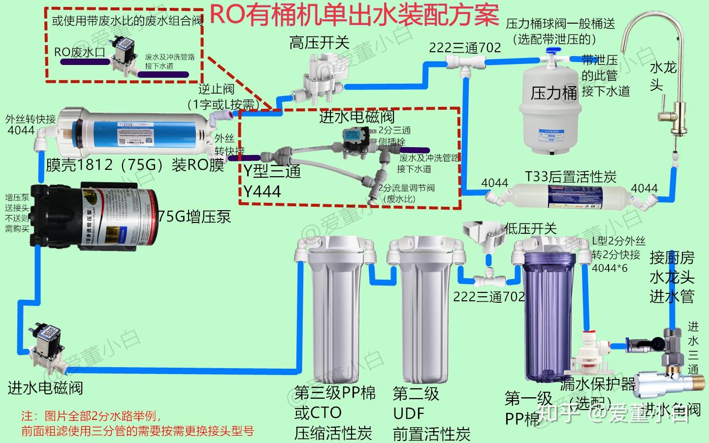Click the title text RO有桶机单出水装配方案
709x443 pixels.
(354, 15)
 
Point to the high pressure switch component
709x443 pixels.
(325, 74)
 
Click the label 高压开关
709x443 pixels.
(319, 43)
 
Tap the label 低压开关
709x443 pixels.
(531, 228)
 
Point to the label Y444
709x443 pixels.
(262, 191)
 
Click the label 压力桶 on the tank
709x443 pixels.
(553, 93)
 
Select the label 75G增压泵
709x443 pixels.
(194, 217)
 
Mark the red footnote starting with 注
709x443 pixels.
(138, 423)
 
